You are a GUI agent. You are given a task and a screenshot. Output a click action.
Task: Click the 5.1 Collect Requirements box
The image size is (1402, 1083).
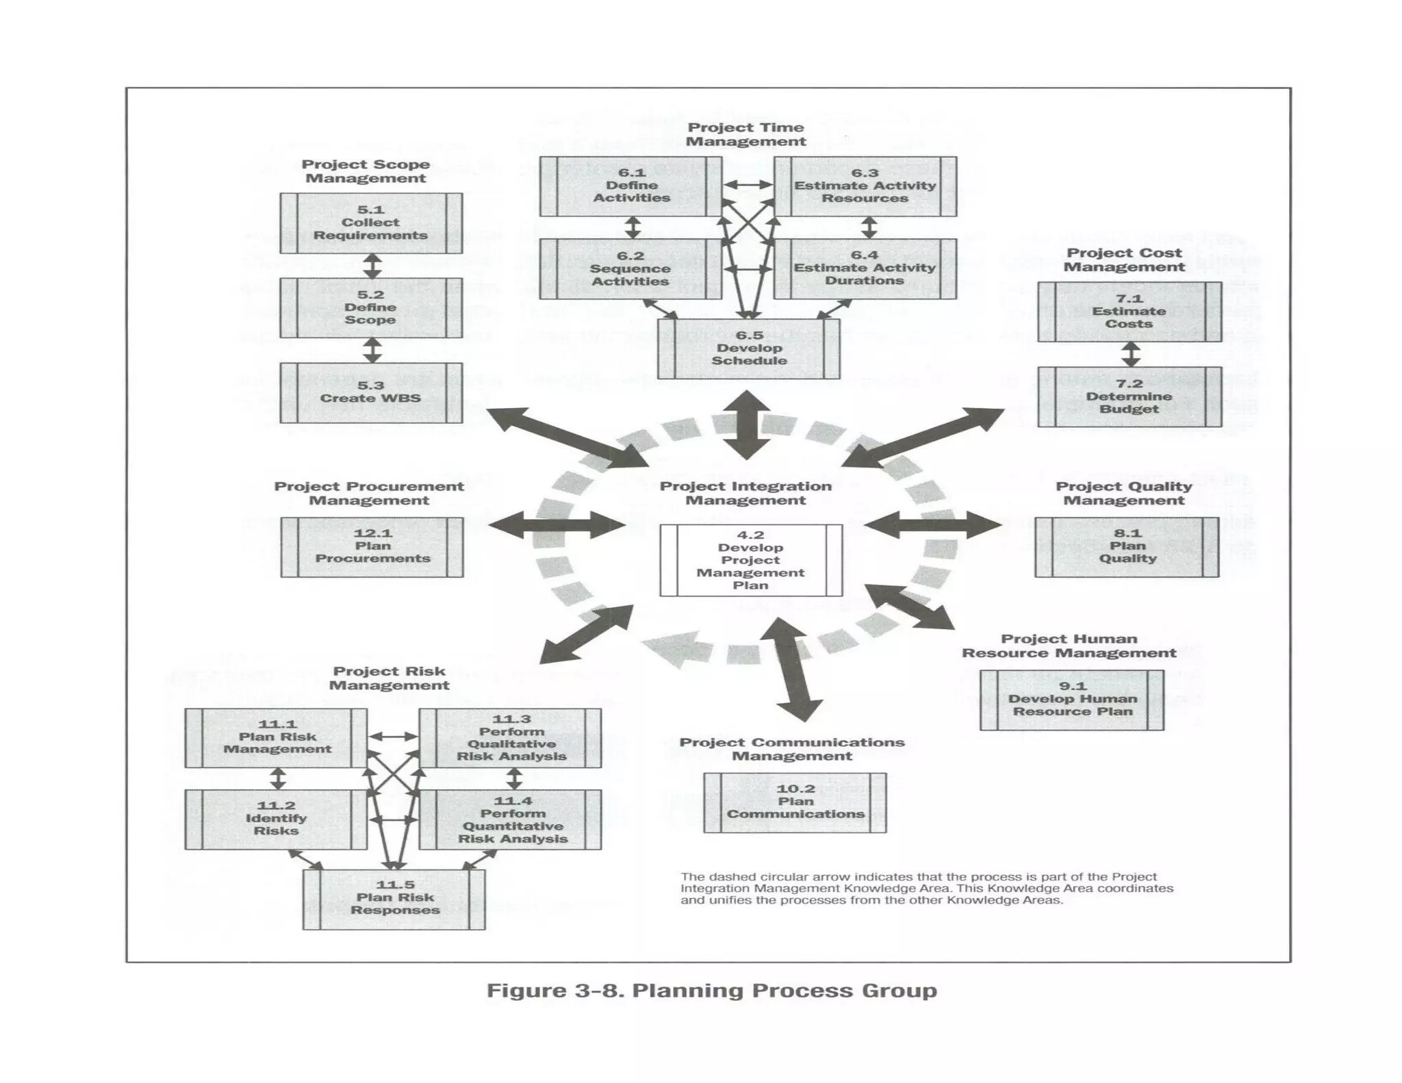(370, 223)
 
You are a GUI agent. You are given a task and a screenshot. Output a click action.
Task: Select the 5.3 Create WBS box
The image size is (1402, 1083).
(370, 392)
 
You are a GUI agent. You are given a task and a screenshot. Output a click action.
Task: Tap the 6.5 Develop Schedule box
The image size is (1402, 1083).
(749, 348)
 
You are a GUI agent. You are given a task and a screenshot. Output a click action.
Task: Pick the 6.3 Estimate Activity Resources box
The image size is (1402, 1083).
(865, 186)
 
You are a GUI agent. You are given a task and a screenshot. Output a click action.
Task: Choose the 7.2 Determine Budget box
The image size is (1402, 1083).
(1129, 396)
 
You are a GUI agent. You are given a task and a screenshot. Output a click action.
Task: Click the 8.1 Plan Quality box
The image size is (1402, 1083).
(1127, 546)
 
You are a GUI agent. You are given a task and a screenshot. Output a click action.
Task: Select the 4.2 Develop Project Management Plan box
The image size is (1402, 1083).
(751, 560)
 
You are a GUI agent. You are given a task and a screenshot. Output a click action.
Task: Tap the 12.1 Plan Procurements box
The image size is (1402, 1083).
(372, 546)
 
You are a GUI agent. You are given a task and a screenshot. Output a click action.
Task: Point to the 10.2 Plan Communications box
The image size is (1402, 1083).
(795, 802)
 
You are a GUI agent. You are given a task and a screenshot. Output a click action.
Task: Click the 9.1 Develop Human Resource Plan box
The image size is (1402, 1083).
(1071, 700)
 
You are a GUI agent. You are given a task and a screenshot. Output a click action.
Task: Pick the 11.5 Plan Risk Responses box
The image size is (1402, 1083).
(394, 898)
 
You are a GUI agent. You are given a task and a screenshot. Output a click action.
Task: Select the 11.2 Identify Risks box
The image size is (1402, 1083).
(276, 819)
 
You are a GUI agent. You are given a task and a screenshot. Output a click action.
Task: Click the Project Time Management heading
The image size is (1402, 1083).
(745, 135)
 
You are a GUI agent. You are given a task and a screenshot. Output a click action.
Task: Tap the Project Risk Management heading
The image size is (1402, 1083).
(389, 678)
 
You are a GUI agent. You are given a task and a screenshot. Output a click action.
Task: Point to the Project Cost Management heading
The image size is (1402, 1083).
(1123, 260)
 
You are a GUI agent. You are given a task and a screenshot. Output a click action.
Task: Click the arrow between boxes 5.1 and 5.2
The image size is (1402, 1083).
(372, 266)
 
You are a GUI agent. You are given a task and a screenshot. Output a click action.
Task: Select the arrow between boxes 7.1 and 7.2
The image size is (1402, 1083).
(1130, 354)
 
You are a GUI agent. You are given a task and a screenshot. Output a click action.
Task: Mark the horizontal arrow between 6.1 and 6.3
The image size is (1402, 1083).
(748, 185)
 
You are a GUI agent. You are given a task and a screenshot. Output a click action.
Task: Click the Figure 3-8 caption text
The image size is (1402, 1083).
(711, 991)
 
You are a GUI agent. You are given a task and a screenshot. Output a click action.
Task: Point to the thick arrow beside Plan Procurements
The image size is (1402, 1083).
(556, 525)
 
